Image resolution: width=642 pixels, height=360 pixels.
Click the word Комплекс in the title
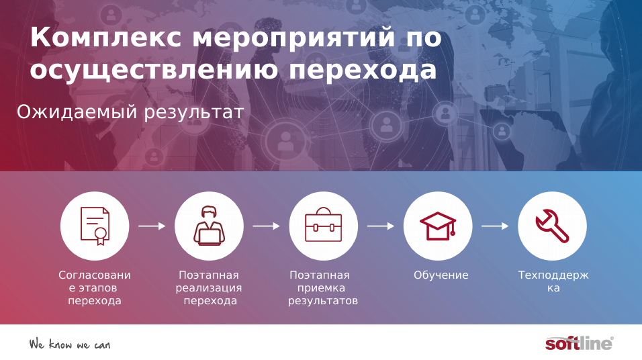[105, 38]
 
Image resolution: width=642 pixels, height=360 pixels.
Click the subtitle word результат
[193, 112]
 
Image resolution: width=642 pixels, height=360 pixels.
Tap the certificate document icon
[95, 226]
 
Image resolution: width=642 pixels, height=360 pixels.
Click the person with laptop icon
[209, 226]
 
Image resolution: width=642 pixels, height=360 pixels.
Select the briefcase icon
[323, 226]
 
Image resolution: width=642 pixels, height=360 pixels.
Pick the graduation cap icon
[438, 226]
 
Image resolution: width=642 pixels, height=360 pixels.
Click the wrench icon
[552, 226]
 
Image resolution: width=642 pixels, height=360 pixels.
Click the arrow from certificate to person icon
[152, 226]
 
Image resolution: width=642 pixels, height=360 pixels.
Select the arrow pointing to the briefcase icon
[266, 226]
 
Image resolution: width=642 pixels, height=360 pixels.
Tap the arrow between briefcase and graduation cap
[381, 226]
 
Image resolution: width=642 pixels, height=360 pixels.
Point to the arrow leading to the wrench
[495, 226]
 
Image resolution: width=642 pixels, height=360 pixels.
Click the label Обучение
[441, 275]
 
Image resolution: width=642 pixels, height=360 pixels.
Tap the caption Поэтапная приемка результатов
[323, 288]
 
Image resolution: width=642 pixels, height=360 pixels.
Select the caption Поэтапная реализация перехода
[209, 288]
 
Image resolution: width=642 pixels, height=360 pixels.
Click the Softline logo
[579, 343]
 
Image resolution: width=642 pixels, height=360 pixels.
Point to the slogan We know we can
[69, 345]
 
